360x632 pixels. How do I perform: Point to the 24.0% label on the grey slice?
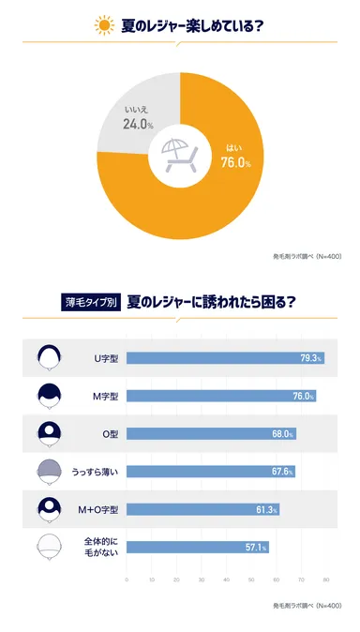[137, 123]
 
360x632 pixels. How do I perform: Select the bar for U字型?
[225, 357]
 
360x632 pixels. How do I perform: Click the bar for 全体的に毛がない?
[197, 547]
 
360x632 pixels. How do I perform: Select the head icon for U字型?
[49, 357]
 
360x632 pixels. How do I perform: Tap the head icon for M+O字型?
[49, 509]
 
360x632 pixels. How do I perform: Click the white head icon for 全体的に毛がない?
[49, 547]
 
